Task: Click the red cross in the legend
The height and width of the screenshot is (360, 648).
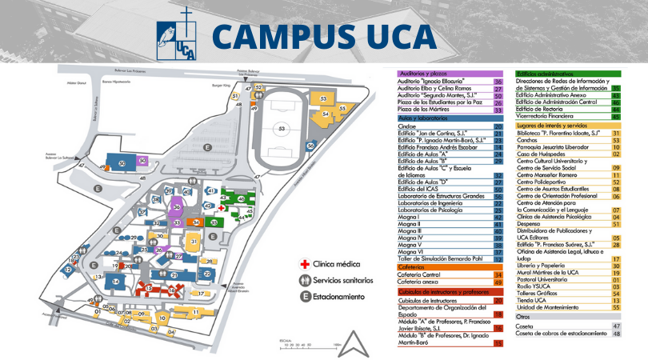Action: point(304,262)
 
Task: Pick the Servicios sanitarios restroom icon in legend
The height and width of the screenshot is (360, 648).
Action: point(304,280)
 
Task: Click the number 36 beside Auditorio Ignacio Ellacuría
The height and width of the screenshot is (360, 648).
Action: point(498,81)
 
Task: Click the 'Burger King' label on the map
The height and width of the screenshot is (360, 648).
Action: point(220,82)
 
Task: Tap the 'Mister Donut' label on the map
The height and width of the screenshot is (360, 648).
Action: point(77,82)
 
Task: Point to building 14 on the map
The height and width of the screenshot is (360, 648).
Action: point(116,282)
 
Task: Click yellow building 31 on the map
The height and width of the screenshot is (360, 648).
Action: point(194,241)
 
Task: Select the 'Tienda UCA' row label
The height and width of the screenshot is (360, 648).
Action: point(531,300)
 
